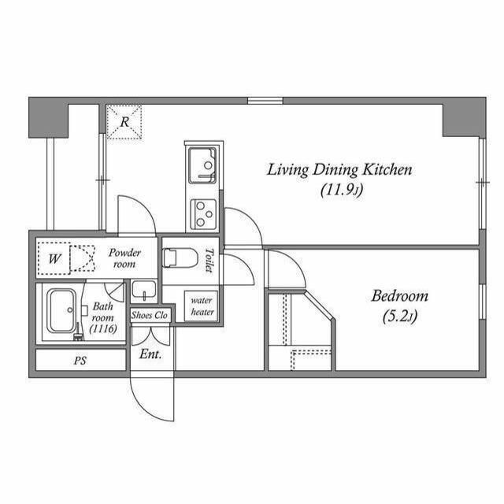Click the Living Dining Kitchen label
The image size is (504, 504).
tap(339, 170)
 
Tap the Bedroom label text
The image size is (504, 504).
tap(399, 296)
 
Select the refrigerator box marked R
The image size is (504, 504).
tap(124, 122)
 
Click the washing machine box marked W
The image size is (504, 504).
tap(54, 258)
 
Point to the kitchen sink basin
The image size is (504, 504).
tap(202, 165)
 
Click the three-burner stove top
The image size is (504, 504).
tap(203, 214)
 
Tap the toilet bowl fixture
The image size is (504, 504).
tap(180, 258)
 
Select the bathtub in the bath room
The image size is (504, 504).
tap(61, 311)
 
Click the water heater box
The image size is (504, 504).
tap(202, 306)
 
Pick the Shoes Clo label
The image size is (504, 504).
tap(150, 315)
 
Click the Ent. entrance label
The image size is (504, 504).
tap(150, 354)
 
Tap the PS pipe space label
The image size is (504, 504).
tap(80, 361)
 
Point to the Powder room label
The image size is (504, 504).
tap(124, 258)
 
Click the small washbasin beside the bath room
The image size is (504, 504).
tap(144, 291)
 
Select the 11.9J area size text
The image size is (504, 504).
tap(343, 191)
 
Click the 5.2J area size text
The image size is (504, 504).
tap(400, 317)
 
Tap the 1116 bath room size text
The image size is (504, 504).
tap(103, 328)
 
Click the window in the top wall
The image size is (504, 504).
tap(265, 101)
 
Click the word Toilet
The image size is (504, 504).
tap(209, 260)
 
